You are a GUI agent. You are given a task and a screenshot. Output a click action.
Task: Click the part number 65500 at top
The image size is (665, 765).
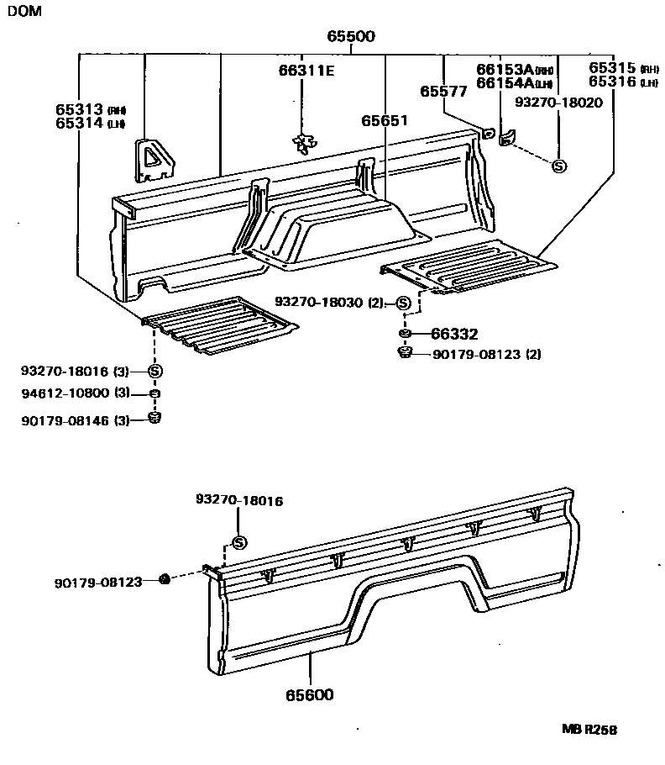[x=351, y=37]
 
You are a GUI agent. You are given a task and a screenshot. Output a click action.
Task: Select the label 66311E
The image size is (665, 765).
[x=306, y=71]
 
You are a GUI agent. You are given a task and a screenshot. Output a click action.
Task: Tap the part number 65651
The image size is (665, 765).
[x=385, y=121]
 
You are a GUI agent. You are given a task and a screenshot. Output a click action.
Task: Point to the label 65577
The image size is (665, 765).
[x=443, y=92]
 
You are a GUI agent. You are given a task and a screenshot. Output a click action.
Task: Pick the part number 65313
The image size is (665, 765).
[x=80, y=109]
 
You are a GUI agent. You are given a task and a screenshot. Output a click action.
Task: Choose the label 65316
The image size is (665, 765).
[x=612, y=82]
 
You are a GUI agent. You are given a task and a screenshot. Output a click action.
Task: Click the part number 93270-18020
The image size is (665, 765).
[x=558, y=101]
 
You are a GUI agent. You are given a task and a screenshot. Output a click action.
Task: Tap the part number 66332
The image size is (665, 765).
[x=453, y=335]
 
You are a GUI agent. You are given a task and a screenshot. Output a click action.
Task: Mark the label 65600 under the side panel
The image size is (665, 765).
[x=309, y=695]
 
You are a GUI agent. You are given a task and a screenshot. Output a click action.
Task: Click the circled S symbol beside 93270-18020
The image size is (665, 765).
[x=559, y=166]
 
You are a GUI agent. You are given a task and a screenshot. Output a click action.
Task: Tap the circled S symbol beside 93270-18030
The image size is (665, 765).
[x=404, y=303]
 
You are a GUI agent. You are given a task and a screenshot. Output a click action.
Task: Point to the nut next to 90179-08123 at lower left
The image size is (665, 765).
[x=165, y=578]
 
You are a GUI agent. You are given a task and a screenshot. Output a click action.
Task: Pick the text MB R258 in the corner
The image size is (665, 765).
[x=589, y=731]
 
